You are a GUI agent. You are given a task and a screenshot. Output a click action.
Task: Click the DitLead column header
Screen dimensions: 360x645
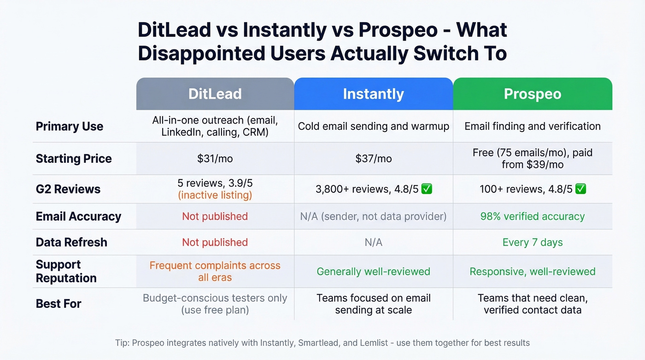[x=215, y=94]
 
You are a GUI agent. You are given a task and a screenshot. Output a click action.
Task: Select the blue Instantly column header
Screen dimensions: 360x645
[x=373, y=94]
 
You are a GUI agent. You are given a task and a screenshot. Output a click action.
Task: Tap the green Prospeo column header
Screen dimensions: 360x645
[x=533, y=94]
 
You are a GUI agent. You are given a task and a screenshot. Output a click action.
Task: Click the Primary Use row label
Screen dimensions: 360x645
[x=70, y=126]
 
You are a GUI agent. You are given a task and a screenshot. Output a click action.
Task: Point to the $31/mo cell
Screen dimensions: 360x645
[x=215, y=159]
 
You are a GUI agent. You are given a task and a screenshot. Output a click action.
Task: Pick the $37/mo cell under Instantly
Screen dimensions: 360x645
[x=373, y=159]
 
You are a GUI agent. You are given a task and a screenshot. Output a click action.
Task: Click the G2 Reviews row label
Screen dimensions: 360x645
[x=68, y=189]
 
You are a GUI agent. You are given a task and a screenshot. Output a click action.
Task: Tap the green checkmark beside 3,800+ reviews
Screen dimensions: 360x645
[x=427, y=189]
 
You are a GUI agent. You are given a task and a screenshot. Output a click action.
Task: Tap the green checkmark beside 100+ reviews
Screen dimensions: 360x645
[x=580, y=189]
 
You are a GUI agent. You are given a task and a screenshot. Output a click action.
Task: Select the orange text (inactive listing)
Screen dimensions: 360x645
[x=215, y=195]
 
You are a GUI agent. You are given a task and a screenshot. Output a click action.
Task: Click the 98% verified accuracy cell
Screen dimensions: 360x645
[x=533, y=216]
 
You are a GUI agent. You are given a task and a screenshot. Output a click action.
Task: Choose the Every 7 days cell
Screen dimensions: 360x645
[x=533, y=242]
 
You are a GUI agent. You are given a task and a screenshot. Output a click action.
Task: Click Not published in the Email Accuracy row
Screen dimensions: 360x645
[x=215, y=216]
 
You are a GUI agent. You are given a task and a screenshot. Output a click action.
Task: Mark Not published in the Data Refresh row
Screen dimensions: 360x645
[x=215, y=242]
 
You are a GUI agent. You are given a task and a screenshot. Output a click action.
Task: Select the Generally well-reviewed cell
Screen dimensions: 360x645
[x=373, y=271]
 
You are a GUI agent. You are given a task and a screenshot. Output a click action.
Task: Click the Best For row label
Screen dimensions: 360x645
[x=59, y=304]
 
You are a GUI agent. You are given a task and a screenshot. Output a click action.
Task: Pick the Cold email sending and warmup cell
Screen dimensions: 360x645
[x=373, y=126]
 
